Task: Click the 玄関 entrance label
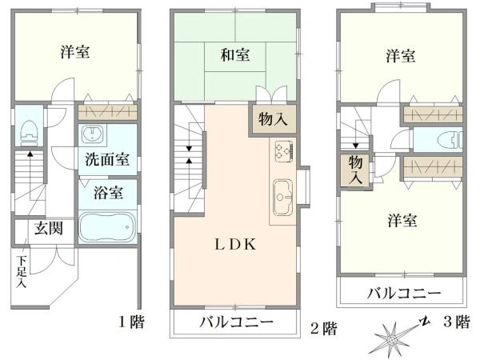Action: (49, 228)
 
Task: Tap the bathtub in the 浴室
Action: (107, 226)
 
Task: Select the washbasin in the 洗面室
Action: (92, 134)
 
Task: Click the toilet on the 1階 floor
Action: (29, 133)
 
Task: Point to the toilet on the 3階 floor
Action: (450, 139)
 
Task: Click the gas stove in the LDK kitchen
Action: (284, 151)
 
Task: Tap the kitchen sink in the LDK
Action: (283, 197)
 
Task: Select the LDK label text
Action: (235, 244)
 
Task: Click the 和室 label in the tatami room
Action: (235, 55)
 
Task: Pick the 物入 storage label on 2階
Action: (273, 118)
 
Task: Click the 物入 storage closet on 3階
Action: (355, 170)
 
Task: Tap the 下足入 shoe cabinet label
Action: (22, 271)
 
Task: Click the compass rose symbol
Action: (392, 339)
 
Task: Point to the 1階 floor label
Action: (131, 322)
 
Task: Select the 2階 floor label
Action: (323, 329)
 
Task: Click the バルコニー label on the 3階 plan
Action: (404, 294)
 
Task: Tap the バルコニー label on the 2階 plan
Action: (236, 322)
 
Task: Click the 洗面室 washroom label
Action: (107, 159)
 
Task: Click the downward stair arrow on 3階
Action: (355, 134)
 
